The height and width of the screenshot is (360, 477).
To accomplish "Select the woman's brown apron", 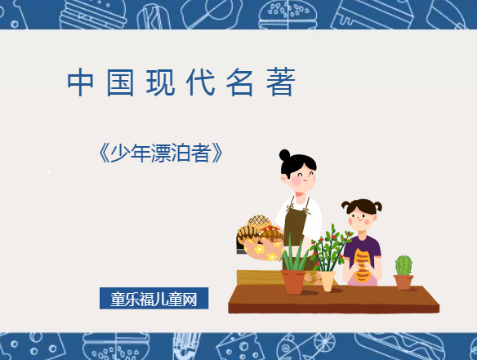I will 296,222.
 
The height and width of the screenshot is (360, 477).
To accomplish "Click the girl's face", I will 363,216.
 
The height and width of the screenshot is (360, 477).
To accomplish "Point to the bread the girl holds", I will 362,264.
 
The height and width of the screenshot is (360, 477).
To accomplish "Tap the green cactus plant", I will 403,265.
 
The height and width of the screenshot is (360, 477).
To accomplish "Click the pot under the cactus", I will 403,282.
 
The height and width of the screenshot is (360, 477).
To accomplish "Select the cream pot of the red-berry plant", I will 328,281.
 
